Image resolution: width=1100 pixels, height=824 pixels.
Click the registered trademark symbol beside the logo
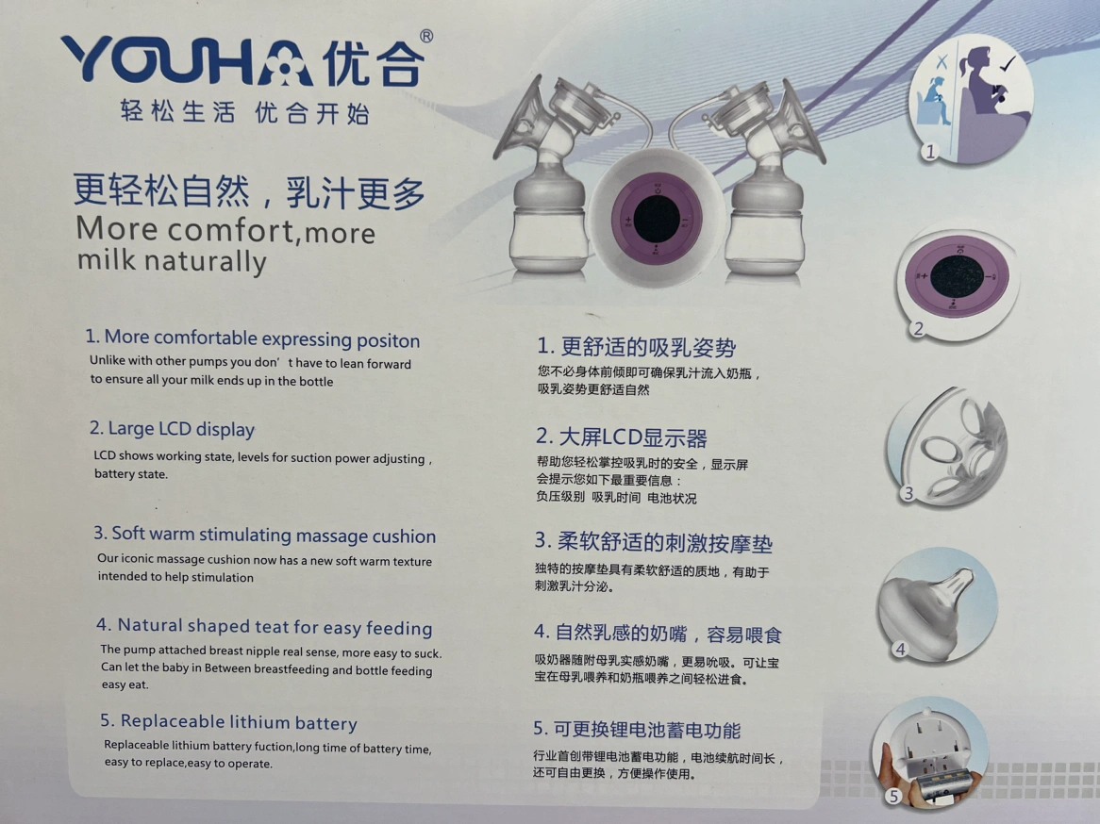[425, 37]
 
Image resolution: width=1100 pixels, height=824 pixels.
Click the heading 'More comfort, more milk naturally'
[225, 244]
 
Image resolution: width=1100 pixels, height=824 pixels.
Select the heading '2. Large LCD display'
[172, 428]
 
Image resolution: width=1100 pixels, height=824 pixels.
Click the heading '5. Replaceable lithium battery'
[228, 721]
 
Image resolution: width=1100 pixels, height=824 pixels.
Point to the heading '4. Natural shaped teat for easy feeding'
[264, 626]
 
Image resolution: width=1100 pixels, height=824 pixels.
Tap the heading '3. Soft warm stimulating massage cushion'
[265, 535]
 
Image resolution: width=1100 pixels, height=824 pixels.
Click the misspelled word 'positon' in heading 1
[388, 341]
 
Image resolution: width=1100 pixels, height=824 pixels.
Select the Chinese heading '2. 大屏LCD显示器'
[622, 437]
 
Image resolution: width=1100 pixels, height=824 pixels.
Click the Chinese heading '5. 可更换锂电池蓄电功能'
[637, 730]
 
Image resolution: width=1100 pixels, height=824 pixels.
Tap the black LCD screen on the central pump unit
[656, 219]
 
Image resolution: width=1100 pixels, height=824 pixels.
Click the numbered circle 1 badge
[930, 151]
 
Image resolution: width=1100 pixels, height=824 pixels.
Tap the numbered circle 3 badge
[908, 493]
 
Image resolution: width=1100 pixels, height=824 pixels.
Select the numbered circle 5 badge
[893, 796]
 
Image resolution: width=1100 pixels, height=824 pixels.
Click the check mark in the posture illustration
[1008, 64]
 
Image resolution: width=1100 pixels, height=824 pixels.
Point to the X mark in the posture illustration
[942, 61]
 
